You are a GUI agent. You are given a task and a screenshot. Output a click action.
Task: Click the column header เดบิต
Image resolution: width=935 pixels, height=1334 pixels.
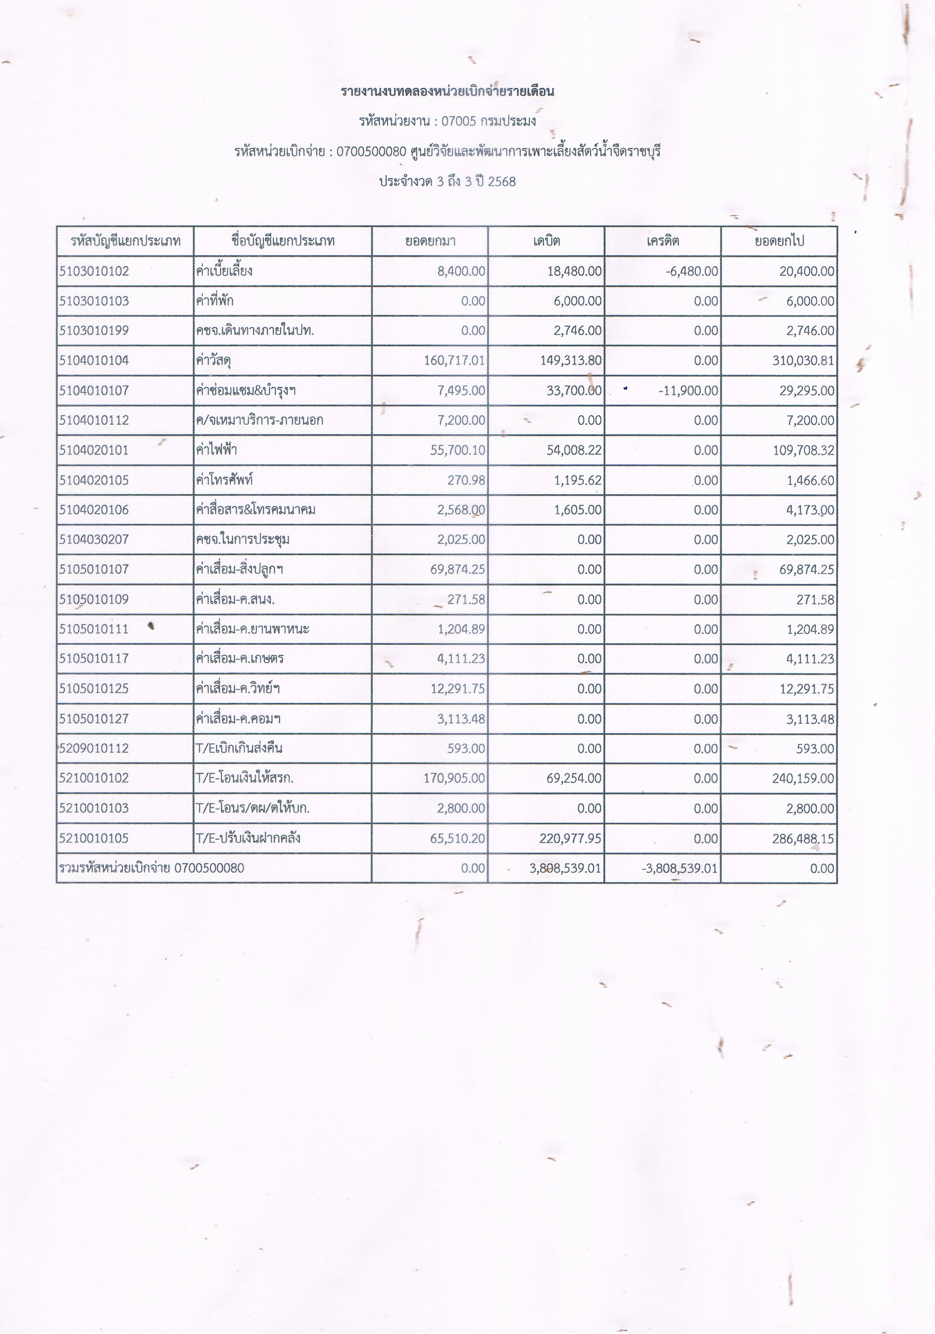point(546,241)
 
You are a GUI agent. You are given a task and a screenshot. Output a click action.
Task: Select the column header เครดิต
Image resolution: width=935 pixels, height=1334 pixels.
point(663,241)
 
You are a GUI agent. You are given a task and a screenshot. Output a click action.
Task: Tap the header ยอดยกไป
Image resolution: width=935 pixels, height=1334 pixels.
point(779,241)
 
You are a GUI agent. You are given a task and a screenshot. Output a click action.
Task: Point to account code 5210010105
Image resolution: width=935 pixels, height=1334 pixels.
point(94,838)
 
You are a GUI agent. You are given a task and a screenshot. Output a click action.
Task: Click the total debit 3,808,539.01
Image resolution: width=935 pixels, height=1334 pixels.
point(566,868)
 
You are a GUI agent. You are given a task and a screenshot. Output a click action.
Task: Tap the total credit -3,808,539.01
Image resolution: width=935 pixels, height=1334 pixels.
point(680,868)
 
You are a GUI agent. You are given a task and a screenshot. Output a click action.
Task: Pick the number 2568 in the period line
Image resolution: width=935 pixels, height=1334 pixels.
point(502,182)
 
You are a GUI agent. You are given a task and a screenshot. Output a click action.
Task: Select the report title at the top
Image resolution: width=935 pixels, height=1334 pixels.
point(447,91)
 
